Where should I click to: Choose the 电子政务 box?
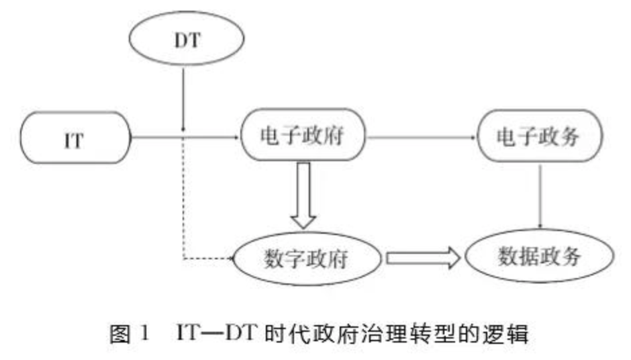(x=539, y=137)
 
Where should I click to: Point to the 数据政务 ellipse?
(x=539, y=257)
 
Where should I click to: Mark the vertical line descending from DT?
(x=183, y=101)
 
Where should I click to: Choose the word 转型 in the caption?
(x=430, y=334)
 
